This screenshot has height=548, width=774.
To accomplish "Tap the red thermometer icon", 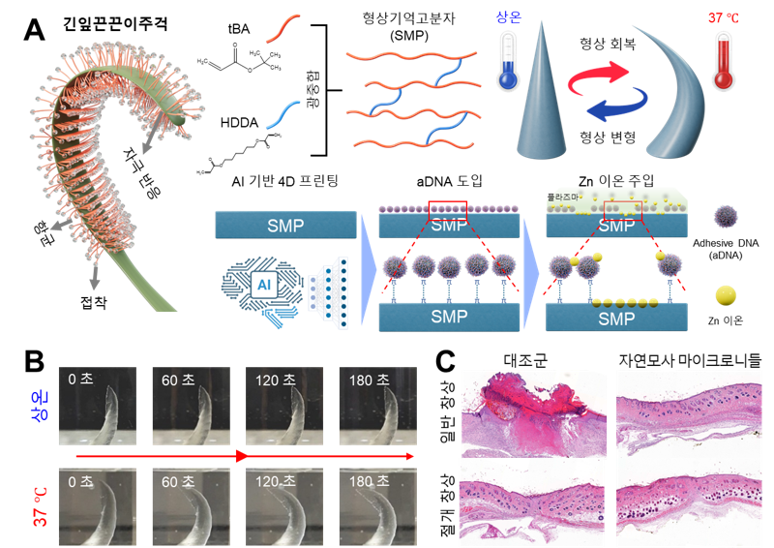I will [723, 60].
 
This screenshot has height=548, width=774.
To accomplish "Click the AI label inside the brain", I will [260, 285].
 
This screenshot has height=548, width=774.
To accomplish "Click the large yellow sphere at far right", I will [727, 295].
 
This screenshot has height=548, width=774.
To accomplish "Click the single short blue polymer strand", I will [285, 114].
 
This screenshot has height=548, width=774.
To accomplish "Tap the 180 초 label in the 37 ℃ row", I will [372, 481].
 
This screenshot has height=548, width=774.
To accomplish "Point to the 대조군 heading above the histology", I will [525, 360].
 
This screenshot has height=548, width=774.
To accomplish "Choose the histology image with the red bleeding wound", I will [531, 411].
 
